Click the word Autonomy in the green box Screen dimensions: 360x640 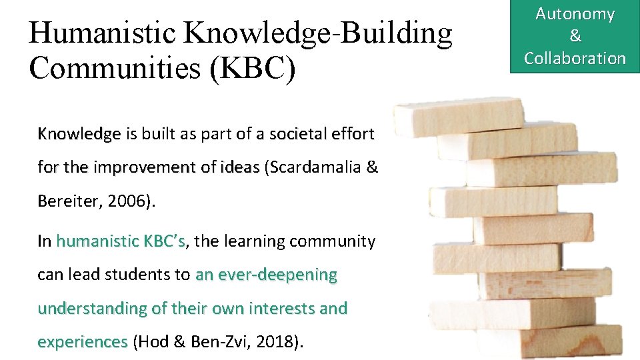point(575,14)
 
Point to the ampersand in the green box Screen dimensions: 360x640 point(575,36)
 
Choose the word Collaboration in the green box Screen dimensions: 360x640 point(575,58)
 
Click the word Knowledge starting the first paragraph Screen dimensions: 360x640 point(79,134)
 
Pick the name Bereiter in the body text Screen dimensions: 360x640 point(67,201)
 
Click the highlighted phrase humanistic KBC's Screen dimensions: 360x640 point(121,241)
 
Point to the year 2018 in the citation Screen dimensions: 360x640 point(279,342)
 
